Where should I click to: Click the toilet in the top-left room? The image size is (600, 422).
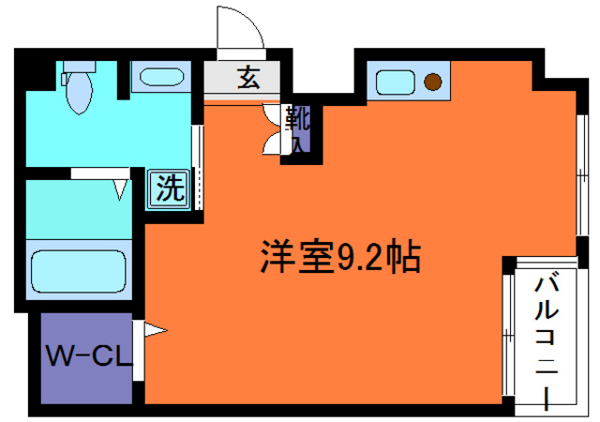click(81, 94)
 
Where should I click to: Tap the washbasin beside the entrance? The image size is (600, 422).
click(155, 75)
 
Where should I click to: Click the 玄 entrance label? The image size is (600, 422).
click(247, 79)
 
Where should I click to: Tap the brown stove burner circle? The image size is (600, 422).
click(432, 82)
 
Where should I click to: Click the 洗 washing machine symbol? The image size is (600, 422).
click(168, 188)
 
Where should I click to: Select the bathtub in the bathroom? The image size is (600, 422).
click(79, 270)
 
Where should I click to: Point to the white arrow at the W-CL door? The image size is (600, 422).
click(154, 330)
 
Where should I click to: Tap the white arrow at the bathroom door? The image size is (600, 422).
click(121, 188)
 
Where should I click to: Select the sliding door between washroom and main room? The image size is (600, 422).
click(197, 165)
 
